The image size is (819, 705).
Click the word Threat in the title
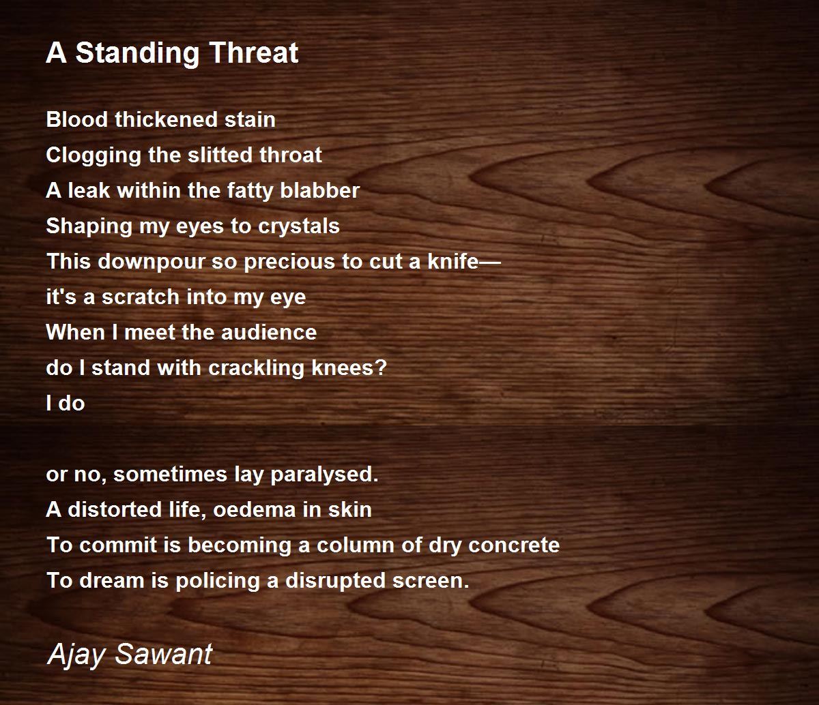pyautogui.click(x=254, y=52)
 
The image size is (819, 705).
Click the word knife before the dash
pyautogui.click(x=453, y=261)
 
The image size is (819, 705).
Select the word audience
pyautogui.click(x=269, y=332)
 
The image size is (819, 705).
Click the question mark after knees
pyautogui.click(x=380, y=367)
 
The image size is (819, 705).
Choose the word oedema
pyautogui.click(x=255, y=509)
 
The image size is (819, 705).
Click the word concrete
pyautogui.click(x=514, y=545)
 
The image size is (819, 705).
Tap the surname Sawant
pyautogui.click(x=164, y=654)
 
